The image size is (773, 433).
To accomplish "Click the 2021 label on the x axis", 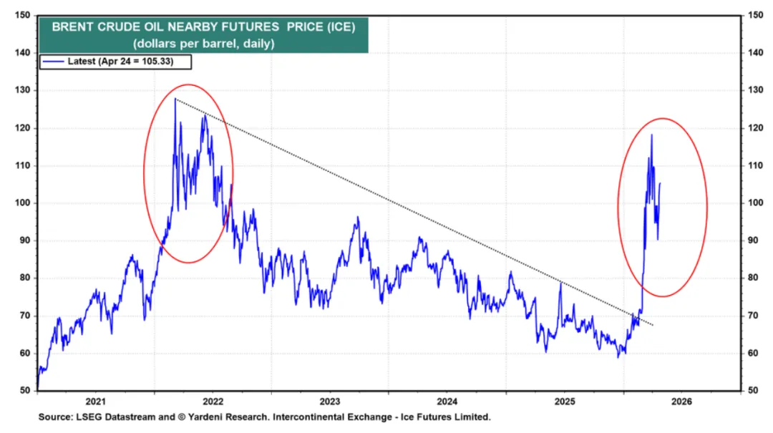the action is point(96,402).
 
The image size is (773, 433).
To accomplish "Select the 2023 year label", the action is point(330,402).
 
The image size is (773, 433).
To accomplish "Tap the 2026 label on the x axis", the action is point(682,402).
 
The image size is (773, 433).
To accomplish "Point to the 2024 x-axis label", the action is point(447,402).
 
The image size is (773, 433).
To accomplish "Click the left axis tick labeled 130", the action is point(22,90).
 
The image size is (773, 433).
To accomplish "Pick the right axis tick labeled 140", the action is point(756,53).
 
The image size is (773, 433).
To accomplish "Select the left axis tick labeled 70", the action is point(24,316).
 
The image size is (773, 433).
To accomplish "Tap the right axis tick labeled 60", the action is point(753,353).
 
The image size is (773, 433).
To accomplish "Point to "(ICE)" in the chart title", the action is point(341,27).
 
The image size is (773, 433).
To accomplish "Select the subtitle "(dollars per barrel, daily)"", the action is point(203,44).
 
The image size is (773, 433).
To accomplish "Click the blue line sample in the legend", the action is point(53,62).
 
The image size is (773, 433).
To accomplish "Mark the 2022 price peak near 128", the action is point(175,99).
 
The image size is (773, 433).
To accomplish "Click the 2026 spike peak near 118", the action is point(652,135).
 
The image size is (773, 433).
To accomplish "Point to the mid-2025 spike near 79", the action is point(561,283).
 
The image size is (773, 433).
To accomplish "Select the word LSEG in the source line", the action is point(87,417).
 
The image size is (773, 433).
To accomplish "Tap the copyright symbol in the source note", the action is point(181,417).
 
